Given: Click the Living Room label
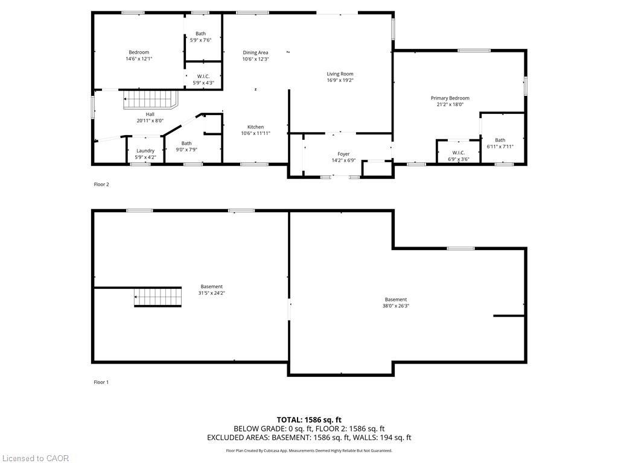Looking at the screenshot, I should coord(340,74).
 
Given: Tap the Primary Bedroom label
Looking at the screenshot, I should coord(450,98).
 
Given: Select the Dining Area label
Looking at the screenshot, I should coord(255,52).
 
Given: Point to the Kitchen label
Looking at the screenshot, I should coord(255,127).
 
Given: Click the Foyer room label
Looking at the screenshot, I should coord(343,154).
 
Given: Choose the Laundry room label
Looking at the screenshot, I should coord(145,151).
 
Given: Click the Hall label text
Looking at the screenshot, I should coord(150,114).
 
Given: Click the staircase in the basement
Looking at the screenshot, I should coord(158,297).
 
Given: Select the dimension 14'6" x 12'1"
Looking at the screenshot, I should coord(138,59).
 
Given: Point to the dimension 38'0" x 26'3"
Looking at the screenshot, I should coord(396,306).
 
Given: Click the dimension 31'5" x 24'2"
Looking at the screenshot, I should coord(211,293).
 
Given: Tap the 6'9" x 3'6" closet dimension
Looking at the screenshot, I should coord(458,159).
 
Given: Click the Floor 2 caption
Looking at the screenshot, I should coord(101,184).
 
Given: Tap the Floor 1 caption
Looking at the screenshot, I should coord(101,382).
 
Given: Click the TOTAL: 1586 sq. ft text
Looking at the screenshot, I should coord(309,420).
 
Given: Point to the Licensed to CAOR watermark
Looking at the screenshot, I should coord(35,458).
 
